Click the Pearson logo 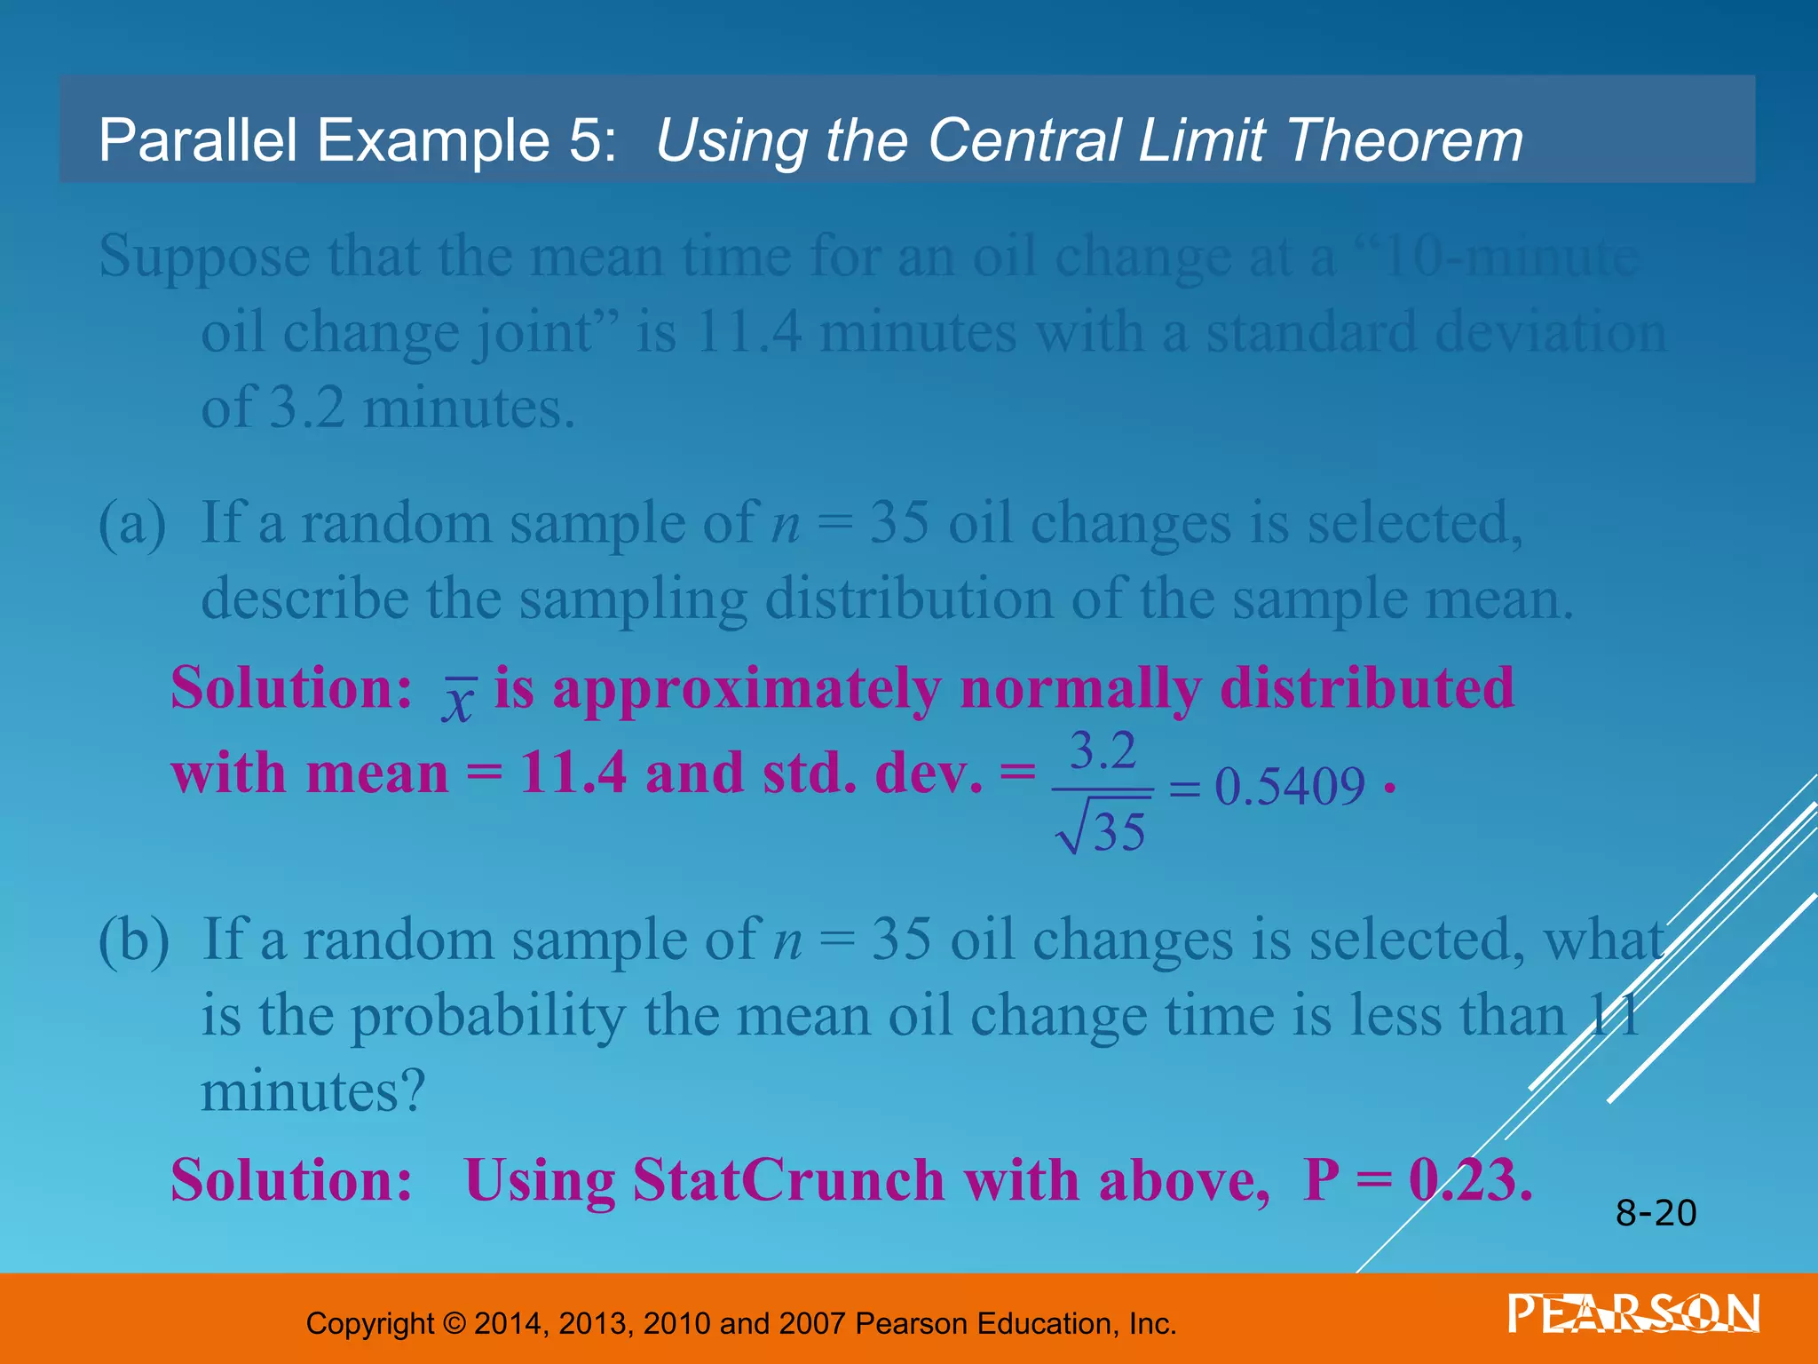(x=1632, y=1313)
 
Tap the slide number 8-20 (x=1656, y=1213)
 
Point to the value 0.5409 (x=1289, y=787)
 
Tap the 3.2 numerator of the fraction (x=1103, y=751)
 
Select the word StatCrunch (x=789, y=1180)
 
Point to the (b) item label (x=133, y=940)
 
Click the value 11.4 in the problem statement (x=747, y=333)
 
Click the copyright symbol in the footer (x=454, y=1323)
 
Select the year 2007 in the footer (x=811, y=1323)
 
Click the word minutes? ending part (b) (x=313, y=1091)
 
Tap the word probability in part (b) (x=488, y=1017)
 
